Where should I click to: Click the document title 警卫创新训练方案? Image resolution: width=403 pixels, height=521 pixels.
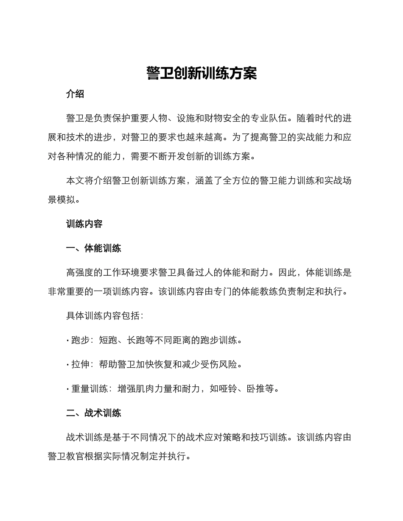coord(201,73)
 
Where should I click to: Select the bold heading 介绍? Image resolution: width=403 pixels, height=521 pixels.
coord(75,94)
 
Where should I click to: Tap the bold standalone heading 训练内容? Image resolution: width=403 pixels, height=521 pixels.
coord(84,224)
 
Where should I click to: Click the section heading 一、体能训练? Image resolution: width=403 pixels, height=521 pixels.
coord(93,248)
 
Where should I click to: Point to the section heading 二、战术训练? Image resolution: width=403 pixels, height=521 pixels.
coord(93,413)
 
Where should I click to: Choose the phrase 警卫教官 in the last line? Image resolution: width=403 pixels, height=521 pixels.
coord(66,456)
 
